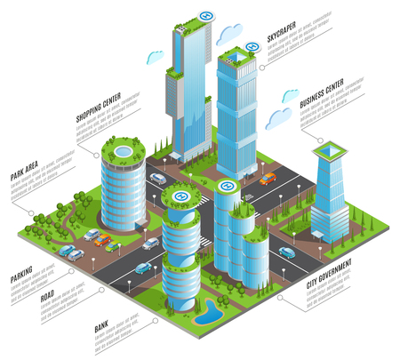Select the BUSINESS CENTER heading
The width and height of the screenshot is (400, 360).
click(x=322, y=102)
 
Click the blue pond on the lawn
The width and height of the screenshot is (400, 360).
click(x=209, y=312)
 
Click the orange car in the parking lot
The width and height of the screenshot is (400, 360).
click(x=104, y=240)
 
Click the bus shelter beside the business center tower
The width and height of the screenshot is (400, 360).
click(x=317, y=235)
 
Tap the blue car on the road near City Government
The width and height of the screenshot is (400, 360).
click(x=286, y=252)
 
